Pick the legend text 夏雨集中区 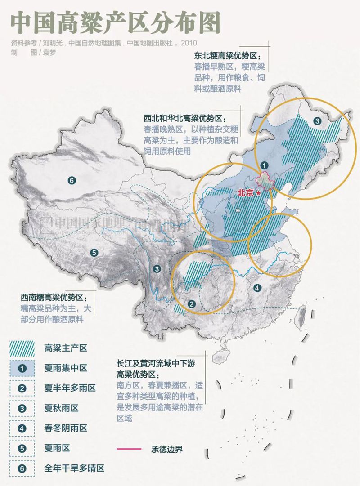[x=65, y=368]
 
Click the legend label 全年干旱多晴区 [x=74, y=468]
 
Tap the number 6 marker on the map [x=71, y=181]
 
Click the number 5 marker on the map [x=94, y=253]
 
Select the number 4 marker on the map [x=257, y=288]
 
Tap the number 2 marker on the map [x=192, y=304]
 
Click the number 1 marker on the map [x=264, y=165]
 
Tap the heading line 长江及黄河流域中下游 [x=156, y=362]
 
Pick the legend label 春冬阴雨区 [x=65, y=428]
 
